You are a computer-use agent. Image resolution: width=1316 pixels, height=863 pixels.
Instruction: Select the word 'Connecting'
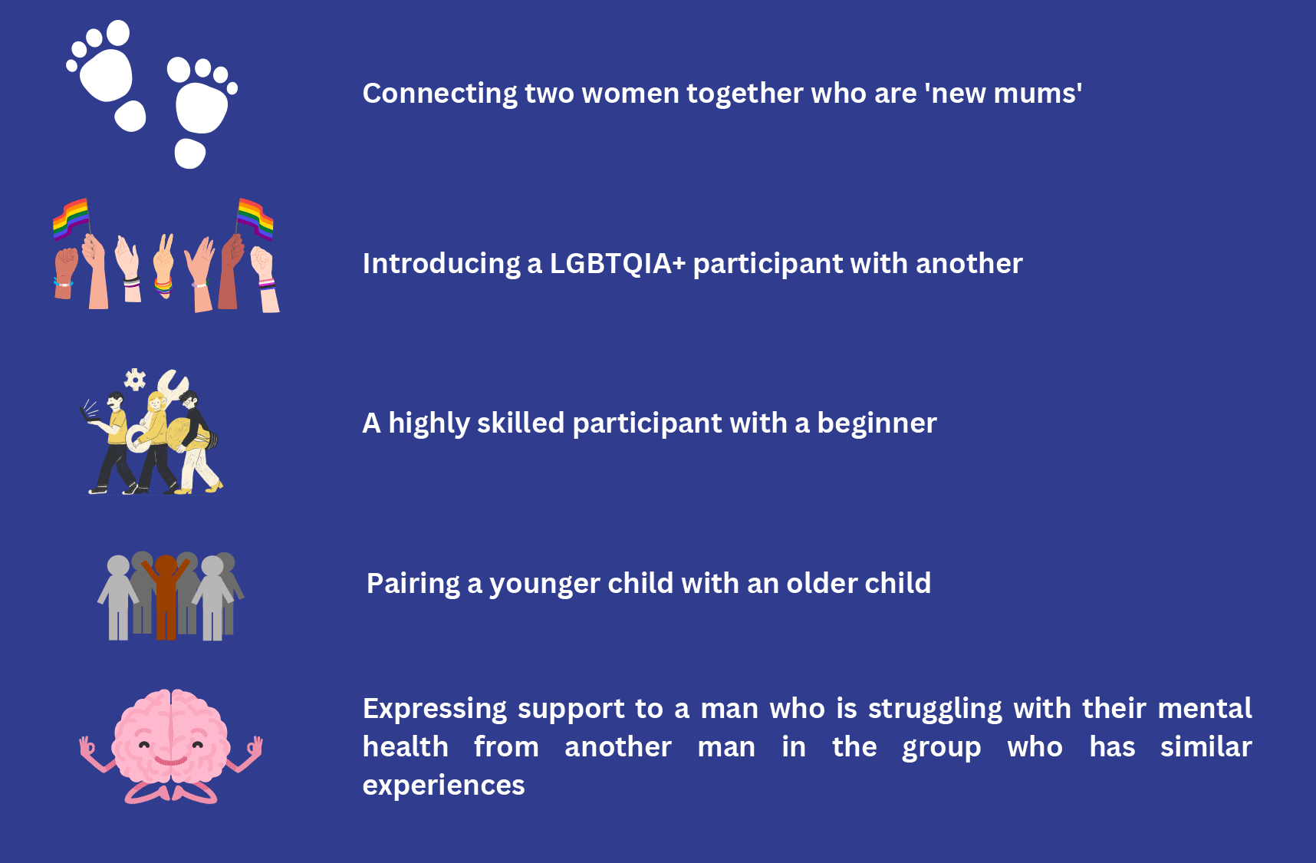coord(440,94)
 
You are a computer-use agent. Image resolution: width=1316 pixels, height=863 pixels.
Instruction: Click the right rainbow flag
coord(255,218)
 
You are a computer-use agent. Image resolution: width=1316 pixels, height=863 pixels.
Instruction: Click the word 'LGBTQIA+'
coord(617,264)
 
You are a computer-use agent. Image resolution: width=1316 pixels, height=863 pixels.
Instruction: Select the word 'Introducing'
coord(441,264)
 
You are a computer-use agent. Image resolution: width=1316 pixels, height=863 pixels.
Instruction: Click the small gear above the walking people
coord(135,379)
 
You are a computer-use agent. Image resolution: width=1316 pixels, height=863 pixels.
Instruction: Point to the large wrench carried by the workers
coord(173,387)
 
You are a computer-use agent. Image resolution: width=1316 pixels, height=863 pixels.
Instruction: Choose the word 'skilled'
coord(520,423)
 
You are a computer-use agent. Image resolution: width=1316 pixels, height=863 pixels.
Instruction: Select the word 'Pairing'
coord(413,584)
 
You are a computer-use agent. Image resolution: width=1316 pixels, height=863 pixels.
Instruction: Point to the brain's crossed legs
coord(170,792)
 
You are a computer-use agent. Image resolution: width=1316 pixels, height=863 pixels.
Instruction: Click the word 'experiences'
coord(443,786)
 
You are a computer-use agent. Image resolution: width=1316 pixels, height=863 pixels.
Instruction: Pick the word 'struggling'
coord(935,709)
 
